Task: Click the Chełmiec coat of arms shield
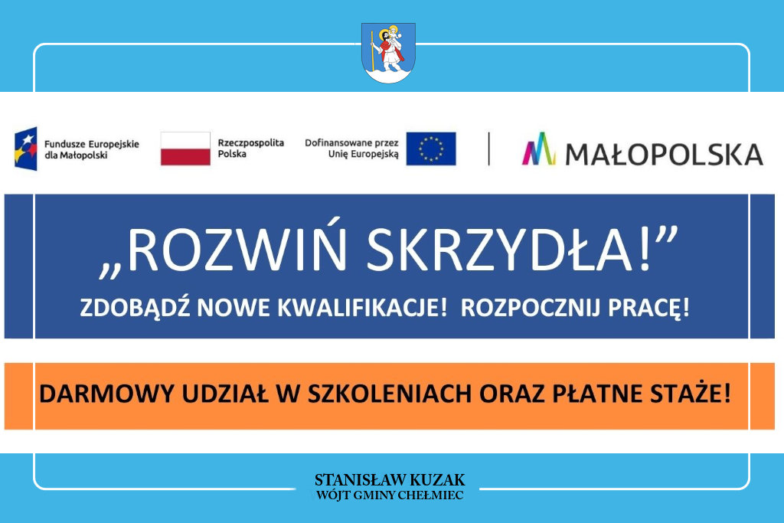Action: (x=388, y=53)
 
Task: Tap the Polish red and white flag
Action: (x=185, y=149)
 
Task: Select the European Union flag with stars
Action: (x=431, y=149)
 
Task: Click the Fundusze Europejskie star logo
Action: (x=26, y=149)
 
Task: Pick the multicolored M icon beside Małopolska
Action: (x=539, y=149)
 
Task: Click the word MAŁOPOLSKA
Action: (x=664, y=154)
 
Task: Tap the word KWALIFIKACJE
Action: (x=362, y=308)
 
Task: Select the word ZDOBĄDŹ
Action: (x=135, y=307)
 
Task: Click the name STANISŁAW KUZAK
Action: (x=390, y=480)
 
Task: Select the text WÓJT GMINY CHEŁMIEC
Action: (x=390, y=495)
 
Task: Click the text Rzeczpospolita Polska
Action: (x=250, y=148)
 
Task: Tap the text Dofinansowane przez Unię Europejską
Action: (x=351, y=149)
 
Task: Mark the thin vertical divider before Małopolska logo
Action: (x=488, y=149)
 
